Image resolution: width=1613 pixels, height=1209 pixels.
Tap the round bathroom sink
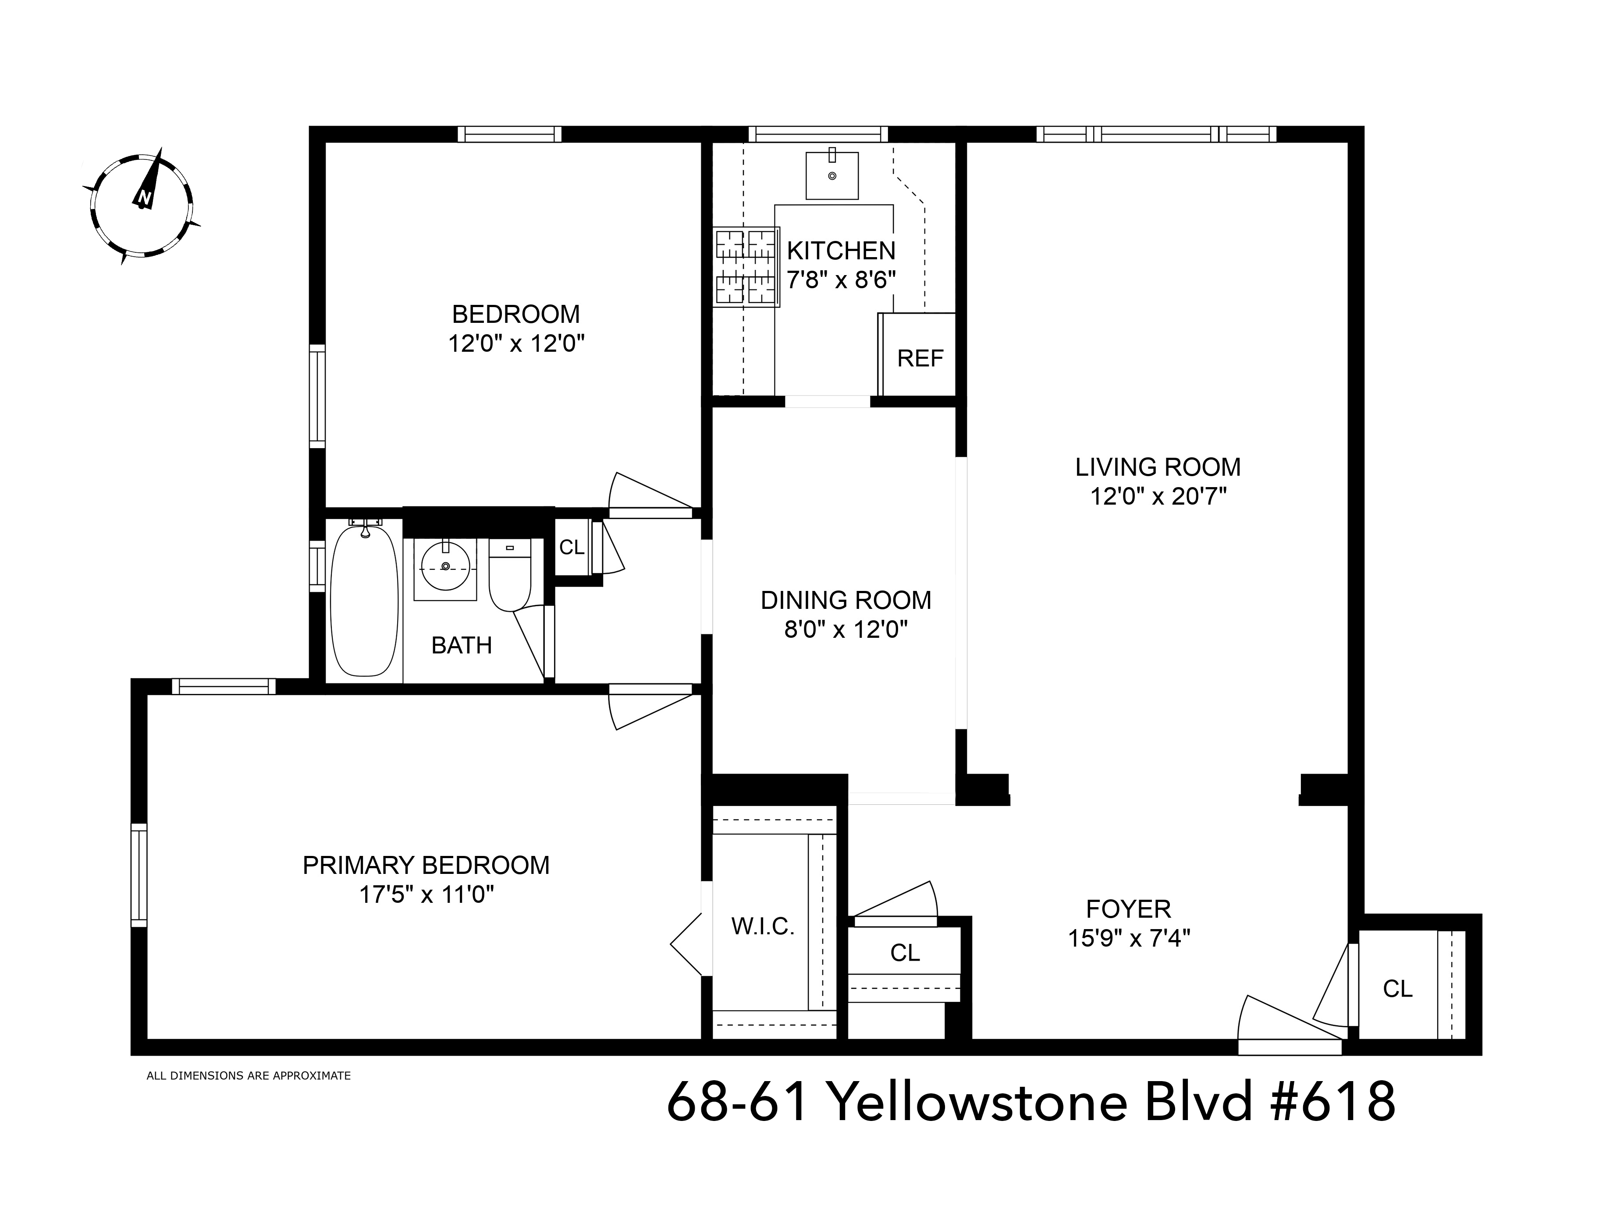(445, 569)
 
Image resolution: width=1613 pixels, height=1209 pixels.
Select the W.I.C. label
(762, 926)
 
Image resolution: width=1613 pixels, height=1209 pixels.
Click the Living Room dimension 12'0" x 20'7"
(1158, 496)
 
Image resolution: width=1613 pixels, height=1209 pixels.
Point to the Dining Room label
(846, 600)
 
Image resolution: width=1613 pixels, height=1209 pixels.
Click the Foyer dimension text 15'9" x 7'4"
(1129, 938)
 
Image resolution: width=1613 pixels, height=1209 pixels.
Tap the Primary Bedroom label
(426, 865)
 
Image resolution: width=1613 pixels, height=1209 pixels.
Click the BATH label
(462, 645)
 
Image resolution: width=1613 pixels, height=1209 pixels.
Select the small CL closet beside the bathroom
(572, 547)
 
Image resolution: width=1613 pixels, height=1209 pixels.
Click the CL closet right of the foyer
(1397, 988)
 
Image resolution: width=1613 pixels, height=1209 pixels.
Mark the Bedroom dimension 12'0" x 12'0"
(516, 343)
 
